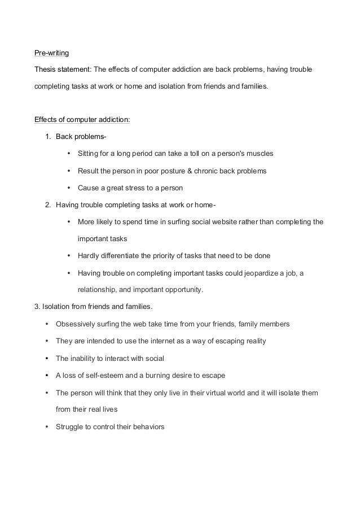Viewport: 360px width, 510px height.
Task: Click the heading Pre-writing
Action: pyautogui.click(x=51, y=54)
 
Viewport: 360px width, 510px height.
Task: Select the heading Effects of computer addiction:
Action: pyautogui.click(x=82, y=120)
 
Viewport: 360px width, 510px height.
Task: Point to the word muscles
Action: pyautogui.click(x=259, y=154)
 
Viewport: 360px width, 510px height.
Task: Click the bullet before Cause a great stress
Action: pyautogui.click(x=68, y=188)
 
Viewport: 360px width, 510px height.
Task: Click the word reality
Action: pyautogui.click(x=253, y=341)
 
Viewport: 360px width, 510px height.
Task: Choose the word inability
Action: pyautogui.click(x=83, y=359)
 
